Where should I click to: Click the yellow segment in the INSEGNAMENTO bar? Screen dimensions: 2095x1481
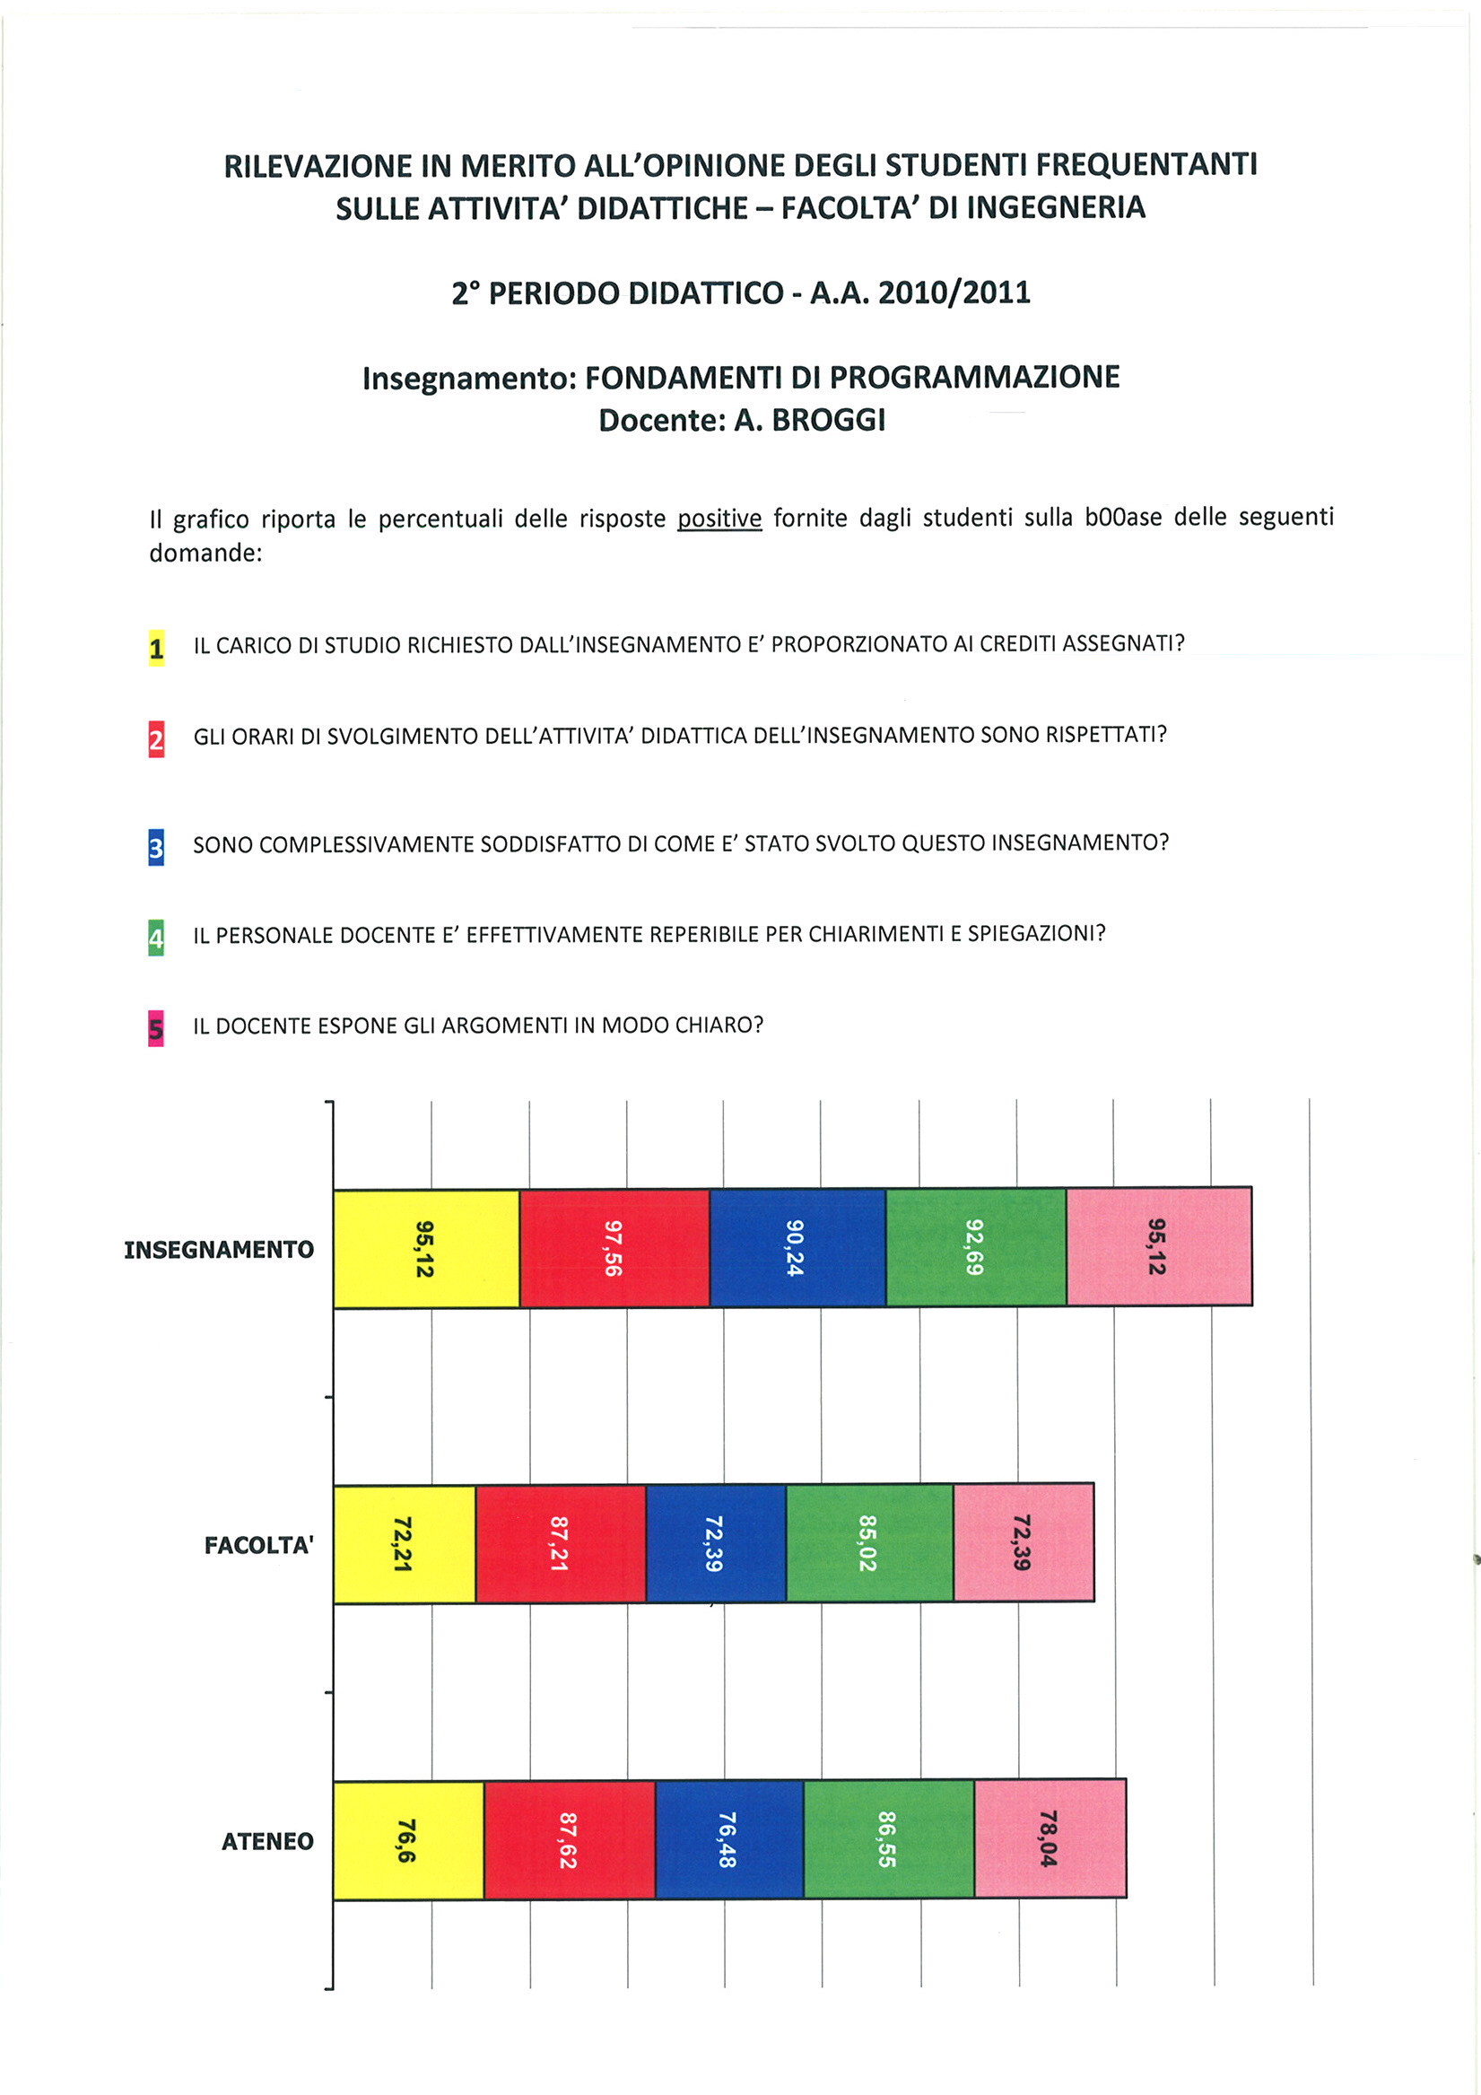(x=426, y=1248)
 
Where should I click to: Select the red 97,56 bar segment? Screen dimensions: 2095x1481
(x=614, y=1248)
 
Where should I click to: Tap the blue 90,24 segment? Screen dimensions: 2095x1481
(x=797, y=1247)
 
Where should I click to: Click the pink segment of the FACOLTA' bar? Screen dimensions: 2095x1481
(x=1024, y=1542)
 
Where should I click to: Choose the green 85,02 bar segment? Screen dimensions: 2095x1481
(x=869, y=1543)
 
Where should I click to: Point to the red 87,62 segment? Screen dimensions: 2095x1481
(x=570, y=1839)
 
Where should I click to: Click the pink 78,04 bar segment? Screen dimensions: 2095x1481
(x=1050, y=1837)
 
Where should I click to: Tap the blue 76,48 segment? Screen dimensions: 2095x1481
(x=729, y=1839)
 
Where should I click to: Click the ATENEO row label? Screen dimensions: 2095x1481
(x=267, y=1841)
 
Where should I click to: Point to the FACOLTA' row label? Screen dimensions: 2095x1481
(x=258, y=1545)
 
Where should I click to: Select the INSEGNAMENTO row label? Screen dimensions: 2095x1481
(x=219, y=1249)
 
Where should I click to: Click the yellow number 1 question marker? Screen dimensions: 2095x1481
(x=157, y=648)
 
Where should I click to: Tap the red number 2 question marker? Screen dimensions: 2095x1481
(x=157, y=739)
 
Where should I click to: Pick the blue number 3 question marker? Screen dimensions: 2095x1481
(x=156, y=848)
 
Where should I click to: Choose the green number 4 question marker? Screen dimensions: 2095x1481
(x=156, y=938)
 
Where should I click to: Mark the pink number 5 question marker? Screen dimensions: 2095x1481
(x=156, y=1029)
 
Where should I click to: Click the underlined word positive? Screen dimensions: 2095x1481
(x=719, y=519)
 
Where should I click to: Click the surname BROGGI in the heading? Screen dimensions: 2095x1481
(x=829, y=420)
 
